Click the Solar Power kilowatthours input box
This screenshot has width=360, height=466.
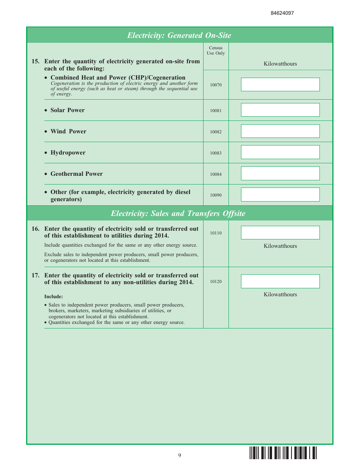click(280, 110)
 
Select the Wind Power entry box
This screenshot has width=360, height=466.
click(280, 131)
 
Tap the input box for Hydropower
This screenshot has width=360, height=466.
click(280, 152)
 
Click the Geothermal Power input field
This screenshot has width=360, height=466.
click(280, 174)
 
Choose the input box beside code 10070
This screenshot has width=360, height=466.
click(280, 84)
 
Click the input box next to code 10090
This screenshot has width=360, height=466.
click(280, 195)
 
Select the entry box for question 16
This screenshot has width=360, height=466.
click(280, 233)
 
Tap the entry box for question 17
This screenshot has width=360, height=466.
click(280, 281)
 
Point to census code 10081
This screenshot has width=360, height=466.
click(216, 111)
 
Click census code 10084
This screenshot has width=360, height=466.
click(216, 174)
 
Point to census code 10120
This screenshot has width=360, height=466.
click(216, 281)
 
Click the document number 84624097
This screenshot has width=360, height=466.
click(282, 13)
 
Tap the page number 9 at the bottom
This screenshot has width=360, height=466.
click(180, 455)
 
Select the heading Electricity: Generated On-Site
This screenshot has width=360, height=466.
click(179, 35)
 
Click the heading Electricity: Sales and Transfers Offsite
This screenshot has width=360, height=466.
click(178, 213)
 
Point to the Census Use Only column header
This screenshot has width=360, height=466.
click(216, 50)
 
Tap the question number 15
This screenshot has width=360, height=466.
click(35, 61)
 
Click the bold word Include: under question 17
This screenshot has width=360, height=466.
click(53, 297)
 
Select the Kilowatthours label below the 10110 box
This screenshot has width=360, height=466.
click(280, 246)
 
